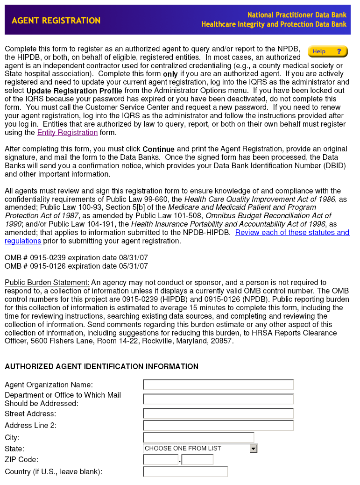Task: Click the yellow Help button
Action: (x=328, y=51)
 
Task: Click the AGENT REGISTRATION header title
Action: (x=56, y=21)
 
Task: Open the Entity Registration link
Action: (x=67, y=133)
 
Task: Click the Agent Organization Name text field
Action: (x=218, y=385)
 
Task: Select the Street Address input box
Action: (x=218, y=414)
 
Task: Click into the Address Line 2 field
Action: (x=218, y=426)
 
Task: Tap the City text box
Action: (x=198, y=438)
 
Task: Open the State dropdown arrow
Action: (x=253, y=449)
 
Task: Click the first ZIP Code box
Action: (x=161, y=460)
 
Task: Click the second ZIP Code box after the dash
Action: (x=197, y=460)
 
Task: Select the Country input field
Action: (x=185, y=472)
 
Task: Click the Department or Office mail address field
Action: (x=218, y=399)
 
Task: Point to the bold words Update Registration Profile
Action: (x=74, y=91)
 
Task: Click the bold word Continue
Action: (x=158, y=150)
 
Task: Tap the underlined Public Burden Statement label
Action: (x=47, y=283)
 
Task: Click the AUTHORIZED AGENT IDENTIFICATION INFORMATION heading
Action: (x=101, y=367)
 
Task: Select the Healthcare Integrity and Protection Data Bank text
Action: (x=274, y=24)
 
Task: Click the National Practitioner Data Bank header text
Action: (x=297, y=15)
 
